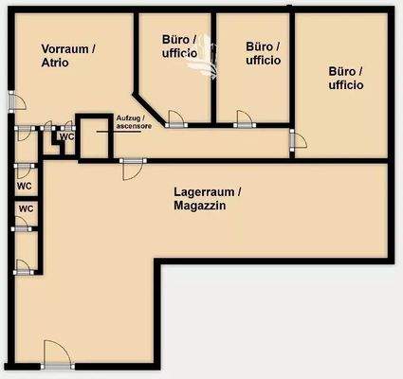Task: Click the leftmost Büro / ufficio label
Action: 180,46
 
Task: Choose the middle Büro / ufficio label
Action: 263,52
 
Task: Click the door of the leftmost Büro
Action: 175,118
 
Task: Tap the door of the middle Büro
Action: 244,118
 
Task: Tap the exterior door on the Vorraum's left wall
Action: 10,101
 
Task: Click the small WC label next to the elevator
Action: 66,136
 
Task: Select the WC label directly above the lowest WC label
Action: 26,186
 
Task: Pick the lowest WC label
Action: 26,208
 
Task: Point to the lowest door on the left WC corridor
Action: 22,264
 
